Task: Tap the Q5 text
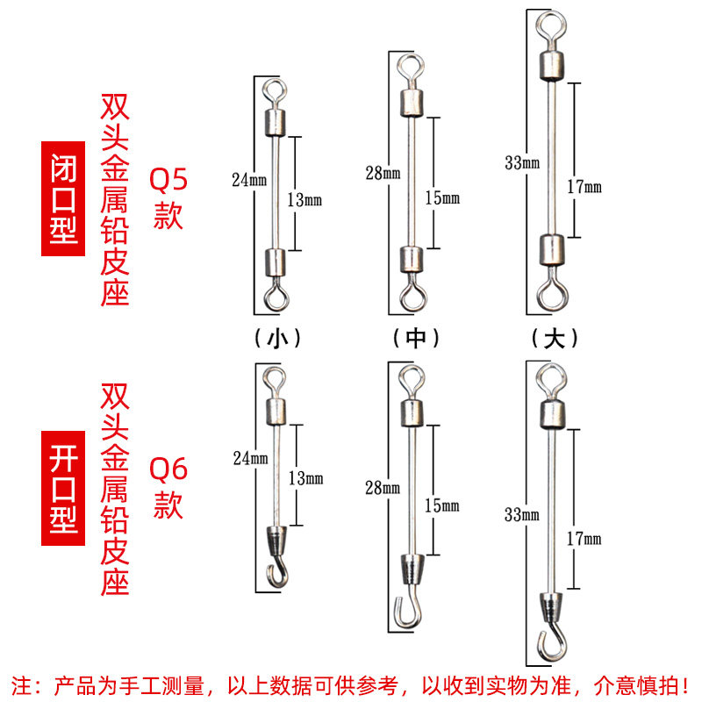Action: click(168, 181)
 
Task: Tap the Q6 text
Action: click(168, 469)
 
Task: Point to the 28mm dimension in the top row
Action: click(383, 173)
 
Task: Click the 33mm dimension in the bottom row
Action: click(521, 514)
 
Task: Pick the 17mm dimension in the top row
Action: click(585, 187)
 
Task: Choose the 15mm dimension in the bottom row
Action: click(442, 505)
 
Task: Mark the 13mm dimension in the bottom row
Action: click(305, 478)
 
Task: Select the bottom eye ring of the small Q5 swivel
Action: click(276, 297)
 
